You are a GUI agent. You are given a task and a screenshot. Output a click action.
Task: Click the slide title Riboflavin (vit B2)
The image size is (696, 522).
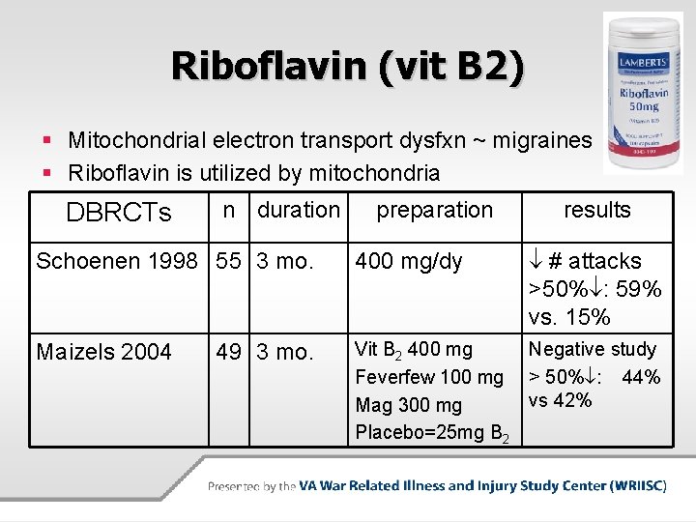tap(348, 66)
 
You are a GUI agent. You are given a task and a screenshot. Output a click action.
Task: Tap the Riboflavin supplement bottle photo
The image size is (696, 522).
tap(642, 93)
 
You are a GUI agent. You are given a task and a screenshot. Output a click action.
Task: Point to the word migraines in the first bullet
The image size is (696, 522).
tap(543, 140)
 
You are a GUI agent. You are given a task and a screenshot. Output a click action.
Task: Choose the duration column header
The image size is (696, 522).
tap(299, 210)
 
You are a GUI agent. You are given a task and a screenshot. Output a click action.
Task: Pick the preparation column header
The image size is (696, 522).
tap(434, 210)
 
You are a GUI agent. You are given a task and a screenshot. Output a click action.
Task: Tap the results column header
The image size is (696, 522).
tap(596, 210)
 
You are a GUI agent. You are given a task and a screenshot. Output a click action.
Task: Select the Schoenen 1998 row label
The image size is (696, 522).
tap(117, 261)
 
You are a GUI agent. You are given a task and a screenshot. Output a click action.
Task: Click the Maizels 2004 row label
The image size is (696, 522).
tap(103, 352)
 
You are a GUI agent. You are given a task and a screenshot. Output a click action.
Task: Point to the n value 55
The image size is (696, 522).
tap(229, 261)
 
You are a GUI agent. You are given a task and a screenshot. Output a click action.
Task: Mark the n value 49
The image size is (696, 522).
tap(229, 352)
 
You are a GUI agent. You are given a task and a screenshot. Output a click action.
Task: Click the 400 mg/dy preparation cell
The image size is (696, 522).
tap(409, 261)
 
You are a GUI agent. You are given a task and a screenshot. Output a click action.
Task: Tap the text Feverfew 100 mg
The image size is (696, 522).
tap(429, 377)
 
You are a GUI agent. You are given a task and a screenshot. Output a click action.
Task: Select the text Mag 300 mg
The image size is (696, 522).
tap(409, 405)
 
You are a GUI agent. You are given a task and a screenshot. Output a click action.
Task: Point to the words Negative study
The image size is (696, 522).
tap(592, 349)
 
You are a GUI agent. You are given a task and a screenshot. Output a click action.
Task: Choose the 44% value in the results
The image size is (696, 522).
tap(641, 377)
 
